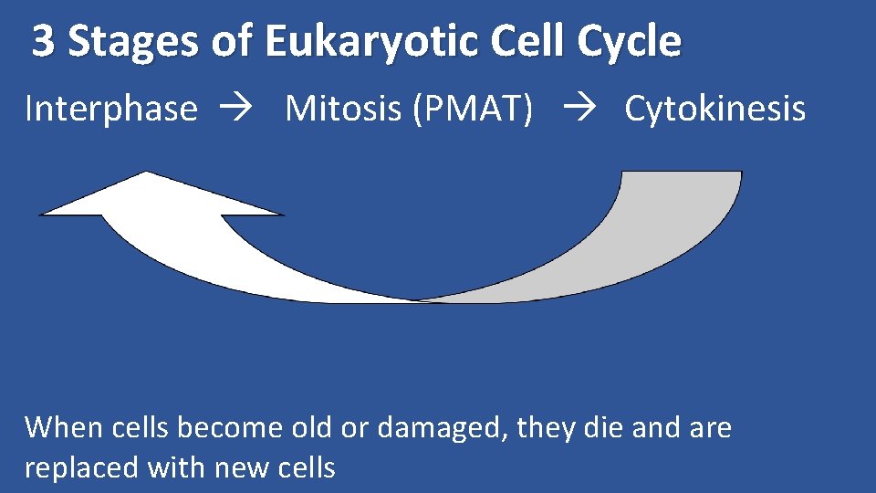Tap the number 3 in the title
coord(42,42)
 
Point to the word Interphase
coord(110,109)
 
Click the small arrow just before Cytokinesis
coord(578,110)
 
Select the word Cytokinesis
coord(714,109)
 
